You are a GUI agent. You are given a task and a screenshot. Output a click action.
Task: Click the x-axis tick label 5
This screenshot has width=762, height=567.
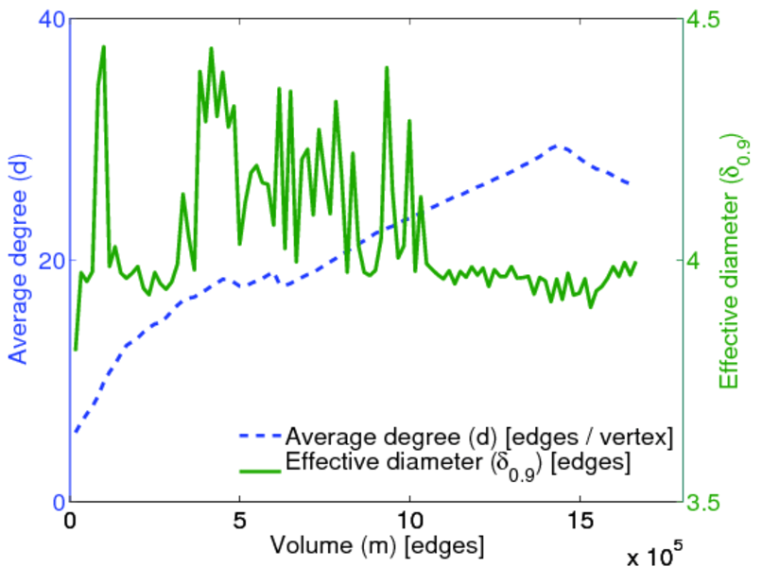click(x=240, y=521)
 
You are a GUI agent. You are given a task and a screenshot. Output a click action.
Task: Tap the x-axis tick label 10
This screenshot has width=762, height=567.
click(x=409, y=521)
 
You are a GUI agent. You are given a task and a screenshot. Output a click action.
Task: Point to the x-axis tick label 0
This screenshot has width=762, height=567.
click(x=71, y=521)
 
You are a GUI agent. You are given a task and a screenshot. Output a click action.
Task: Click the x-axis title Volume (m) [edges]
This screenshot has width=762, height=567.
click(x=377, y=546)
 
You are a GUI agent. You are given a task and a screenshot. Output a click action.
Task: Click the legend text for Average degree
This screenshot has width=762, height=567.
click(x=478, y=437)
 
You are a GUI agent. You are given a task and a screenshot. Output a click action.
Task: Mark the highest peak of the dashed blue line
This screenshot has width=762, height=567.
click(x=556, y=146)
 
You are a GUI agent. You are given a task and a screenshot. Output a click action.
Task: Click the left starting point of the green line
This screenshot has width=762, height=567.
click(x=75, y=350)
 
